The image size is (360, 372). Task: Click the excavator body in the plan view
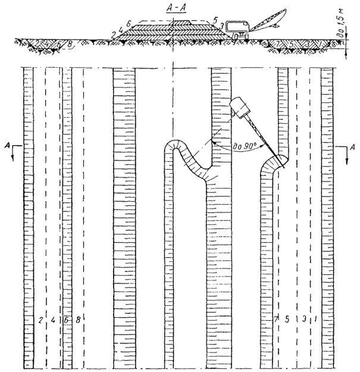[239, 108]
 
